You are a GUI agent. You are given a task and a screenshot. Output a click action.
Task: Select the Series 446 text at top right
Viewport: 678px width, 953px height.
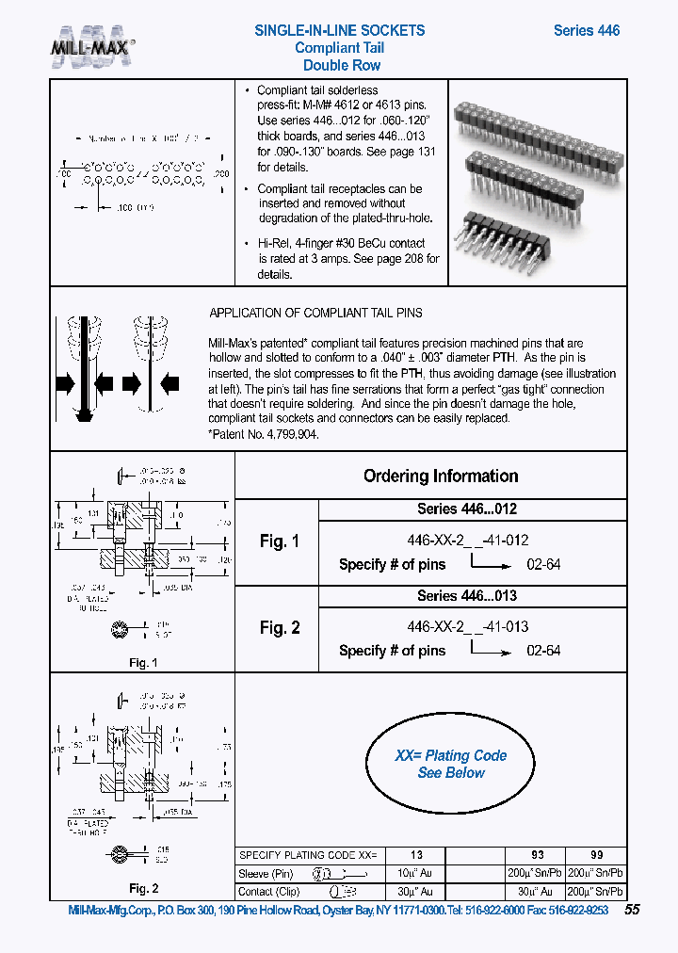pyautogui.click(x=586, y=30)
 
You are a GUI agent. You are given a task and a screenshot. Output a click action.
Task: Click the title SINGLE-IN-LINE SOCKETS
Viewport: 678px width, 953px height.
pyautogui.click(x=339, y=30)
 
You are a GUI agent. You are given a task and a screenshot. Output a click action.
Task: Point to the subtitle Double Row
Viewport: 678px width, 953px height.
pyautogui.click(x=341, y=65)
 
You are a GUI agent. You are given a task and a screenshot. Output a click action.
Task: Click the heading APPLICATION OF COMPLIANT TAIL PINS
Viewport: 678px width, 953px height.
pyautogui.click(x=315, y=313)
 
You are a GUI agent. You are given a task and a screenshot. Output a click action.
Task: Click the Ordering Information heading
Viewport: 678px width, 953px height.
pyautogui.click(x=441, y=476)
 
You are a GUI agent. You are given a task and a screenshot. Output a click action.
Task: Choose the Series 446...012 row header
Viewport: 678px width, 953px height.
pyautogui.click(x=467, y=509)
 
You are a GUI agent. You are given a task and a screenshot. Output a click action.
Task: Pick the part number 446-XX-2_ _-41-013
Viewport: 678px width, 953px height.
pyautogui.click(x=467, y=627)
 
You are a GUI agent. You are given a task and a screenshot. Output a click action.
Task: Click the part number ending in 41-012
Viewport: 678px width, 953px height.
pyautogui.click(x=467, y=541)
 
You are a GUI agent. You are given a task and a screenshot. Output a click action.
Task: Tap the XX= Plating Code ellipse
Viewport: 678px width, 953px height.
pyautogui.click(x=451, y=764)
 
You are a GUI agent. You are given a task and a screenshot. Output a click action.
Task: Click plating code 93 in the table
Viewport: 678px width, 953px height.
pyautogui.click(x=532, y=855)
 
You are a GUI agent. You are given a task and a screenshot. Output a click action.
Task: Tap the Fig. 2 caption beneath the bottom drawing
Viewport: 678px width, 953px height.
pyautogui.click(x=143, y=888)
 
